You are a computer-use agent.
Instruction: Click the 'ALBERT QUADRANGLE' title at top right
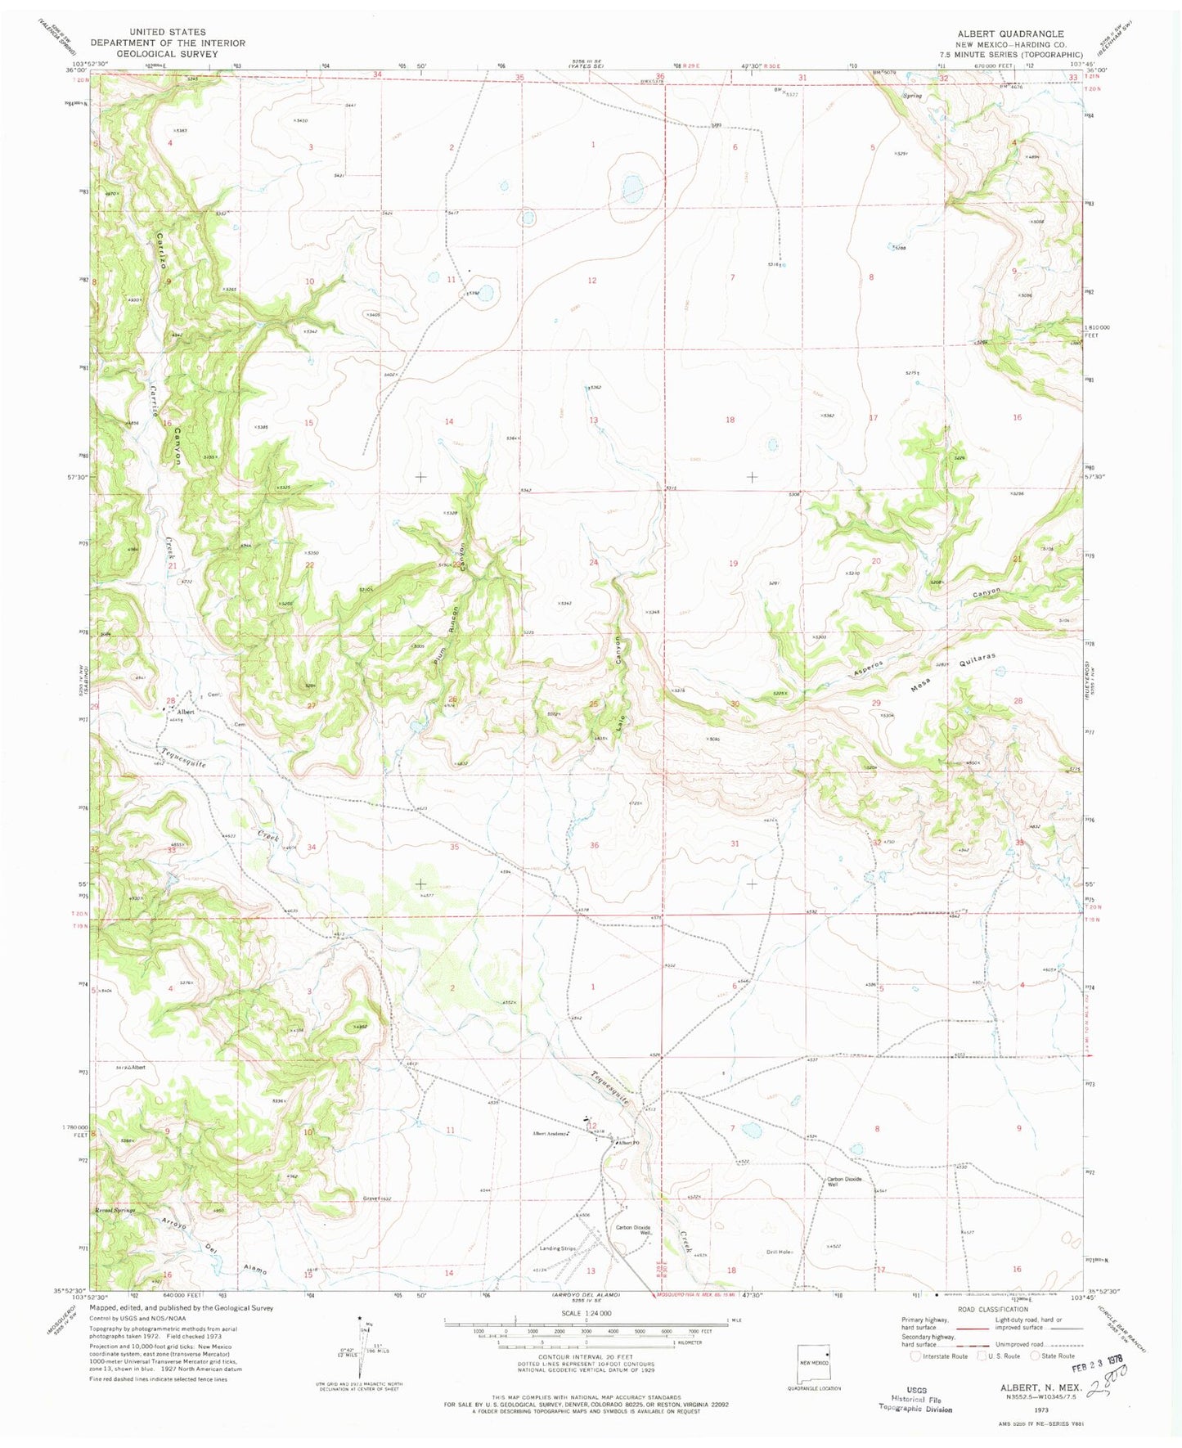click(1011, 34)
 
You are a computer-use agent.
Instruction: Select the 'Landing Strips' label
click(560, 1248)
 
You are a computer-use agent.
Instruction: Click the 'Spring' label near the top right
click(912, 96)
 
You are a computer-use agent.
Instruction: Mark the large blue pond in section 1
click(631, 187)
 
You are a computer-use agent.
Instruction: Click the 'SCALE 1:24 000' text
click(586, 1337)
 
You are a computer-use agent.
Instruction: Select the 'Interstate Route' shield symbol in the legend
click(915, 1356)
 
